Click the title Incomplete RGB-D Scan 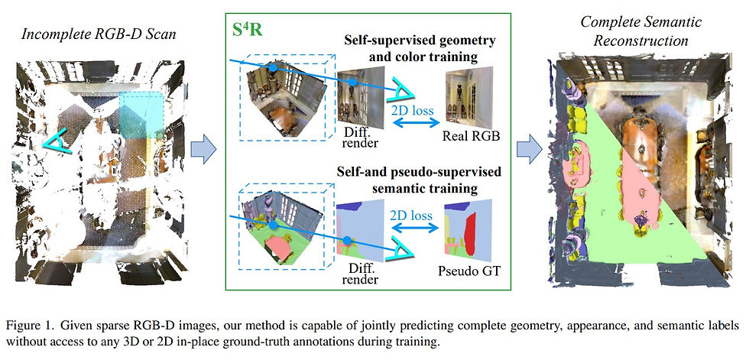click(99, 35)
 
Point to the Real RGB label click(471, 136)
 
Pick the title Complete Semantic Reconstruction click(640, 31)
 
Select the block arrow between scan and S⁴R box click(203, 149)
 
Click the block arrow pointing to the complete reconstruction click(529, 149)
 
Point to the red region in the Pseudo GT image click(472, 234)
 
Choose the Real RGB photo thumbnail click(469, 97)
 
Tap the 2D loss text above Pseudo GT click(413, 215)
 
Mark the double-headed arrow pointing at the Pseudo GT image click(415, 228)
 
